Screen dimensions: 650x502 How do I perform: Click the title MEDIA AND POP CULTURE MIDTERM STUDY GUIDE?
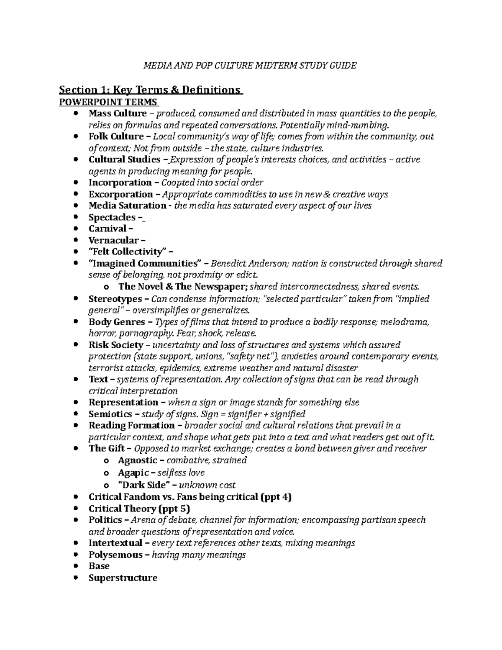click(x=250, y=65)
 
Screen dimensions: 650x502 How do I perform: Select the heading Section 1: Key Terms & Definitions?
click(x=150, y=90)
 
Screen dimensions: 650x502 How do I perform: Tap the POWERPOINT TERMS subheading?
click(x=108, y=102)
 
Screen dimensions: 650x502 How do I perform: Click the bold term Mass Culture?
click(x=118, y=113)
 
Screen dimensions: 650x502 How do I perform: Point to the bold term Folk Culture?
click(x=116, y=136)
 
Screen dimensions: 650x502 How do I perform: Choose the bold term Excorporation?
click(x=121, y=194)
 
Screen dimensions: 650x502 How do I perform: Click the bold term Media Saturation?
click(x=127, y=206)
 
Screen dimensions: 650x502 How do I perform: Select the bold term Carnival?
click(x=108, y=229)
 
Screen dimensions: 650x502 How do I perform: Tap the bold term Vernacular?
click(x=113, y=240)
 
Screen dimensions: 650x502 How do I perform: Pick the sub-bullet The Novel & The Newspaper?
click(x=183, y=287)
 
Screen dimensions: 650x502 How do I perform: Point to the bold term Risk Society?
click(x=116, y=345)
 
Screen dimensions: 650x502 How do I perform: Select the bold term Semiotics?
click(x=110, y=414)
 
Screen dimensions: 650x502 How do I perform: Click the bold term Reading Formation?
click(x=131, y=426)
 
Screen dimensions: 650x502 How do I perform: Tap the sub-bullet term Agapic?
click(x=134, y=473)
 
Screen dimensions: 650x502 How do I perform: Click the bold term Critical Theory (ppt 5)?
click(x=139, y=509)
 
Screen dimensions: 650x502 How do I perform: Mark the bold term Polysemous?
click(x=115, y=555)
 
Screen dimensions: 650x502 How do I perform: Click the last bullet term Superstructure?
click(x=123, y=578)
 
